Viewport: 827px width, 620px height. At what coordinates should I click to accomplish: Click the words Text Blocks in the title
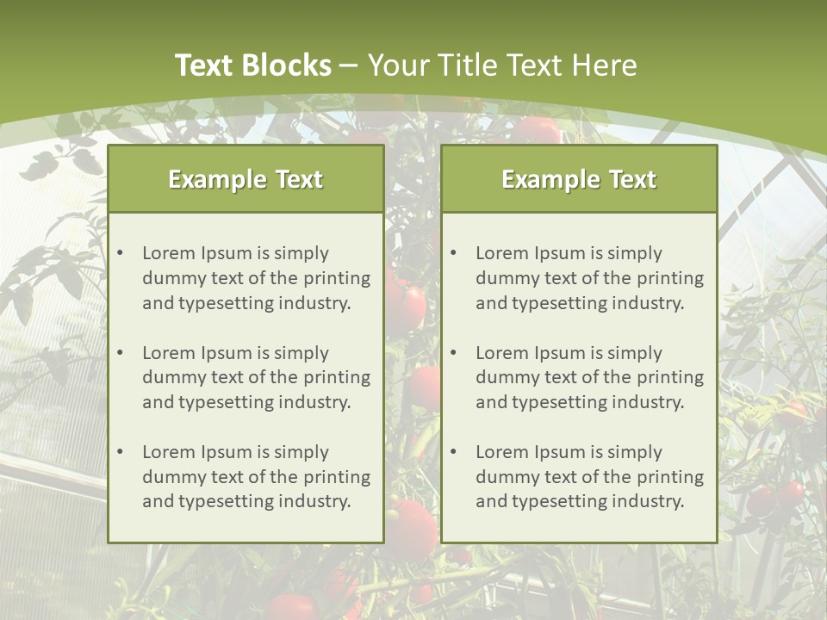pyautogui.click(x=252, y=65)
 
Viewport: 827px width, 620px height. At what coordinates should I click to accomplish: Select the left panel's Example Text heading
pyautogui.click(x=246, y=179)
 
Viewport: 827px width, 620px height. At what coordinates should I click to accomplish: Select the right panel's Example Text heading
pyautogui.click(x=579, y=179)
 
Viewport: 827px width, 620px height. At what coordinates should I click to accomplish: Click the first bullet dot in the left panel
pyautogui.click(x=120, y=253)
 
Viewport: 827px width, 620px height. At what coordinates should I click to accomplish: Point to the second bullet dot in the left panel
pyautogui.click(x=120, y=353)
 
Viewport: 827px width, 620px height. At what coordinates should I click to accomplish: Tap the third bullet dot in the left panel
pyautogui.click(x=120, y=452)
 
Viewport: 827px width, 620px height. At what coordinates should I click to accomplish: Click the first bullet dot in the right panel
pyautogui.click(x=453, y=253)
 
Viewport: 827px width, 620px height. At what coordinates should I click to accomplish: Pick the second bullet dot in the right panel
pyautogui.click(x=453, y=353)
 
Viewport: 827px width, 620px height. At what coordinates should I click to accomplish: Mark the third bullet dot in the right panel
pyautogui.click(x=453, y=452)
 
